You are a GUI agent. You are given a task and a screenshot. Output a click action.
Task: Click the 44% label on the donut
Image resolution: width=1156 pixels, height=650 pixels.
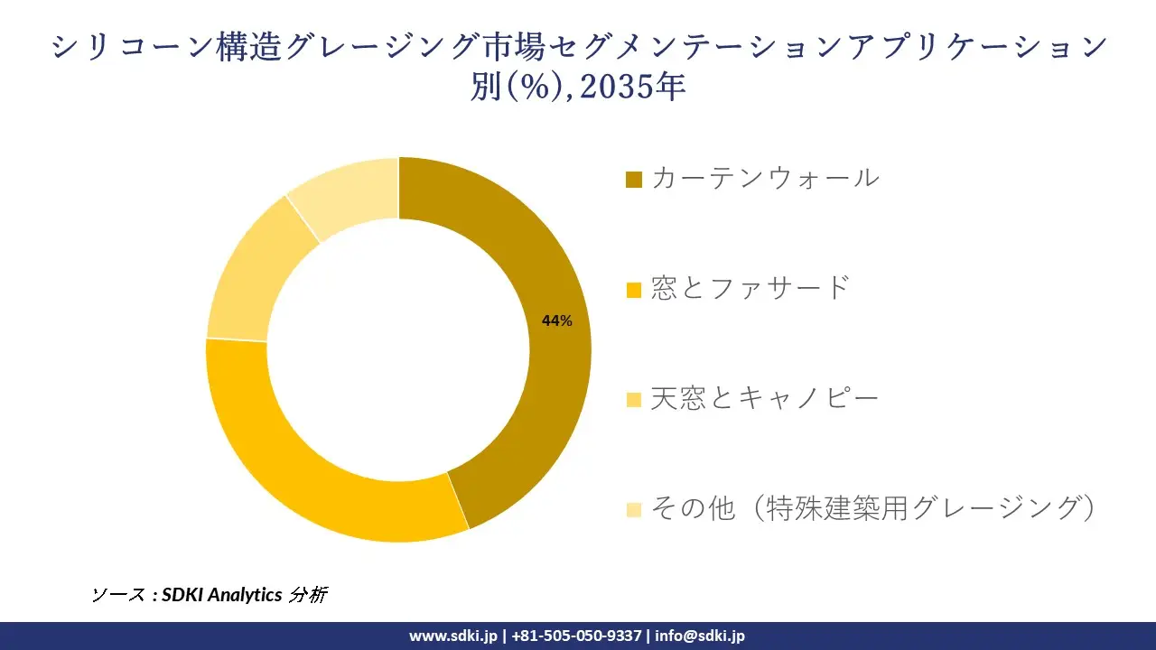[556, 320]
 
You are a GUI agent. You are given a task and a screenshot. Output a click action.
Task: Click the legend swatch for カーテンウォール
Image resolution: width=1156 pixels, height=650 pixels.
[634, 179]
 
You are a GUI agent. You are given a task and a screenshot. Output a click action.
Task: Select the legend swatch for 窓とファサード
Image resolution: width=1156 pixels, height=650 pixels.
[634, 290]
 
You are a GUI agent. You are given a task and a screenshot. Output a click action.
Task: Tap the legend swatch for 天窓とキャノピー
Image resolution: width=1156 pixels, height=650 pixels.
[634, 399]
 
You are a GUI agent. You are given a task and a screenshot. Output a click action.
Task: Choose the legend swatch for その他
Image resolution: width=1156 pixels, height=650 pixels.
[634, 509]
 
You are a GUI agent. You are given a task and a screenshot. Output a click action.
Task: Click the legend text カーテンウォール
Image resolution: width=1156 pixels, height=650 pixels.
[764, 178]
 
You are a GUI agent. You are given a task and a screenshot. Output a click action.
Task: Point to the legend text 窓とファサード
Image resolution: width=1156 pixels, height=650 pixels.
[750, 288]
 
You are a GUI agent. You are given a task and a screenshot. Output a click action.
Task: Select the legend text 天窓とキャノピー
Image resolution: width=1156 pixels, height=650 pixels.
[764, 398]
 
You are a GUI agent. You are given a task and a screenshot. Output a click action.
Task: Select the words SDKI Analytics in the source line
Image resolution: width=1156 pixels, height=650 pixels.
[222, 595]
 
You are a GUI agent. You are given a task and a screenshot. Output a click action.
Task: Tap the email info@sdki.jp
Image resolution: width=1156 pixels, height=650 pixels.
[700, 636]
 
